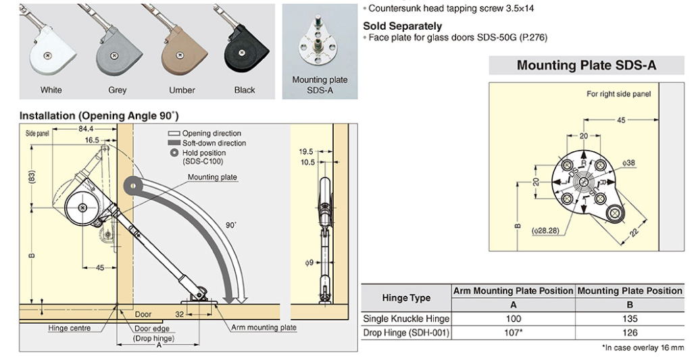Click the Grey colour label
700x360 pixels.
click(x=117, y=90)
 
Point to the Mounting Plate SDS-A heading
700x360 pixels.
click(x=586, y=66)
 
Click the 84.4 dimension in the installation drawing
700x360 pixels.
click(x=86, y=128)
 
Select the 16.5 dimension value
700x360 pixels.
click(x=92, y=140)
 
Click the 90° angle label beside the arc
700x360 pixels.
click(x=232, y=224)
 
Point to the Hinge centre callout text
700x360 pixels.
click(x=70, y=328)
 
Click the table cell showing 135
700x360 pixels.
click(x=630, y=319)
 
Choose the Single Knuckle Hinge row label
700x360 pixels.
click(x=406, y=319)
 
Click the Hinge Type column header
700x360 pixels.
click(x=406, y=298)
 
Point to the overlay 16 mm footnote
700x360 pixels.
click(x=643, y=348)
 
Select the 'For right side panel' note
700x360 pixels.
click(x=618, y=94)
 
